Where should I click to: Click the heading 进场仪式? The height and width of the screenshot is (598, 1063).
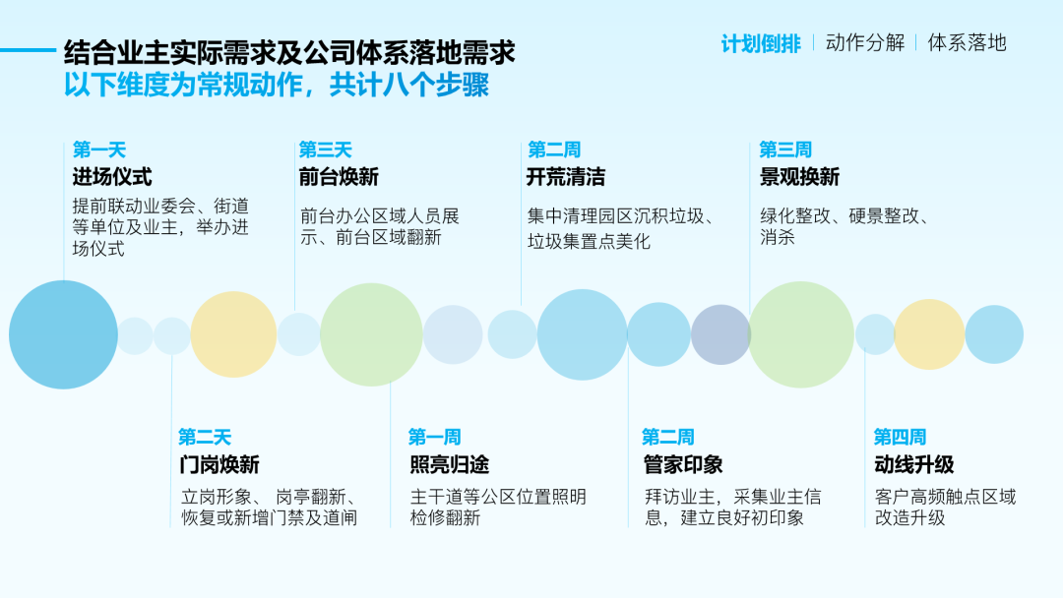coord(112,177)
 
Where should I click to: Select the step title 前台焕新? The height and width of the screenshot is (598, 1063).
coord(339,177)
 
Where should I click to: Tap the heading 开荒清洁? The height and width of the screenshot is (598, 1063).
coord(565,177)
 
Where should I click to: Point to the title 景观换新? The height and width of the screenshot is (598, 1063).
coord(799,177)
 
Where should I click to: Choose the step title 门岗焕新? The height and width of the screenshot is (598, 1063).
coord(219,464)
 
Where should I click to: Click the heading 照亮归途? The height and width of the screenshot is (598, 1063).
coord(450,464)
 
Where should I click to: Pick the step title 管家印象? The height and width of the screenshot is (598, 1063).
coord(683,464)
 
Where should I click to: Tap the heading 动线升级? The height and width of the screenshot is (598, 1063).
coord(913,464)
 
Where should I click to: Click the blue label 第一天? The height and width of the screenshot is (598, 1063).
coord(99,149)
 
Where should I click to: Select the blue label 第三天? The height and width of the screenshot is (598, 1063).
coord(326,149)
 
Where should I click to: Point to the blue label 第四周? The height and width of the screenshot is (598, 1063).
coord(900,437)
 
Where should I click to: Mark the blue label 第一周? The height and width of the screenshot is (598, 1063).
coord(435,437)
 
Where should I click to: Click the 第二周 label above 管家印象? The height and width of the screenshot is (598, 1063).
coord(668,437)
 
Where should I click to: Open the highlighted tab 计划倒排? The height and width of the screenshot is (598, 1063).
coord(761,44)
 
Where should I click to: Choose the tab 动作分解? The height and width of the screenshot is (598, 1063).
coord(865,42)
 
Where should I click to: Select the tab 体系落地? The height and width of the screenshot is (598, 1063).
coord(967,42)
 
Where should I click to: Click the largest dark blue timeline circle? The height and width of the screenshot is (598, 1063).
coord(63,334)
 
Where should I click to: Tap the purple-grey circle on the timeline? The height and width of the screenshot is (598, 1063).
coord(720,334)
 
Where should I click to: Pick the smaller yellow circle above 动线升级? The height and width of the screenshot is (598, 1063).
coord(929,334)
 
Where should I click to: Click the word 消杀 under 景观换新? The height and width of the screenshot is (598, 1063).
coord(777,237)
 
